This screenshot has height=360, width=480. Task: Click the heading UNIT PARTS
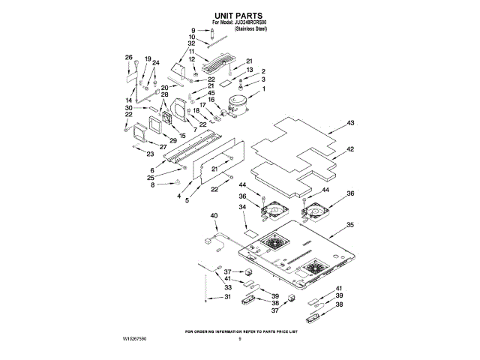240,15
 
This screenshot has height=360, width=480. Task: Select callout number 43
351,122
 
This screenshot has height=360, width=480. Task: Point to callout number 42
351,149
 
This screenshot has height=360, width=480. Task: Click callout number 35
350,224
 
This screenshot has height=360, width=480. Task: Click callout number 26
128,58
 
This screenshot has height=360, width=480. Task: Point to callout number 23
150,154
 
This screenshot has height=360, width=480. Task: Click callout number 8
153,184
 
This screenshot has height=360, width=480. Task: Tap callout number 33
228,287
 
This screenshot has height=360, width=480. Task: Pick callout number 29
172,141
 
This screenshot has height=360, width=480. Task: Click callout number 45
211,93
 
